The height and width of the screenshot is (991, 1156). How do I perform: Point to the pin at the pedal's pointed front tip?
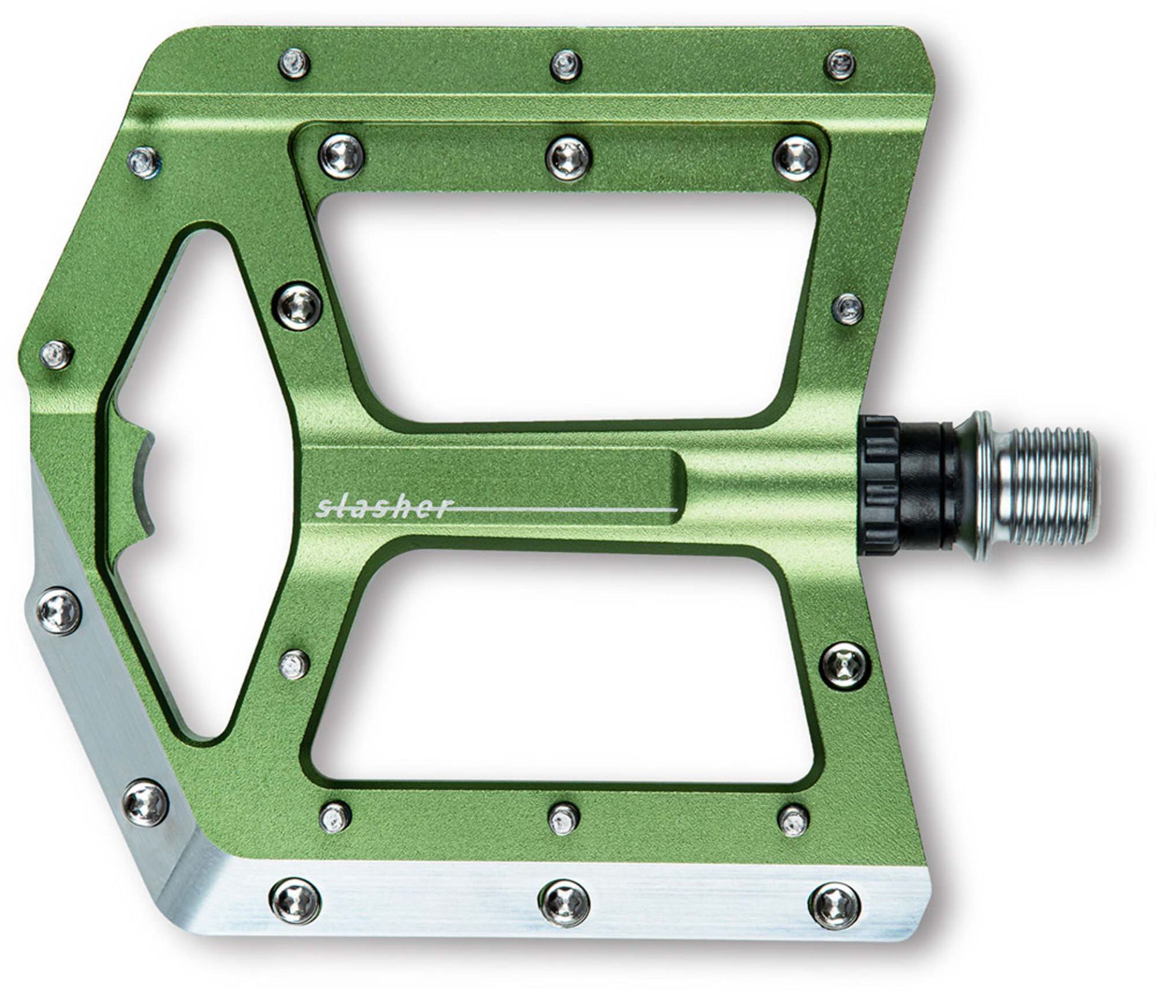pyautogui.click(x=58, y=354)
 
